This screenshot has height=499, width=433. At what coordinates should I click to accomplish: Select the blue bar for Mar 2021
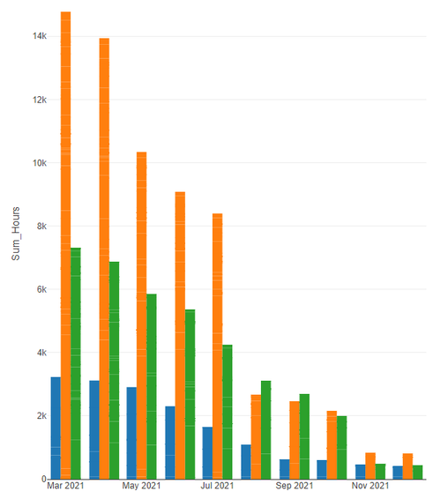pyautogui.click(x=55, y=428)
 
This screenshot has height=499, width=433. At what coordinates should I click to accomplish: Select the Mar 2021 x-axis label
pyautogui.click(x=65, y=486)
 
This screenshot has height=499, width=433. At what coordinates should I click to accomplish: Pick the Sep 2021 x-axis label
pyautogui.click(x=294, y=486)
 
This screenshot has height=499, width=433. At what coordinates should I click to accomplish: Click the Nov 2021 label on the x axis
pyautogui.click(x=370, y=486)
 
